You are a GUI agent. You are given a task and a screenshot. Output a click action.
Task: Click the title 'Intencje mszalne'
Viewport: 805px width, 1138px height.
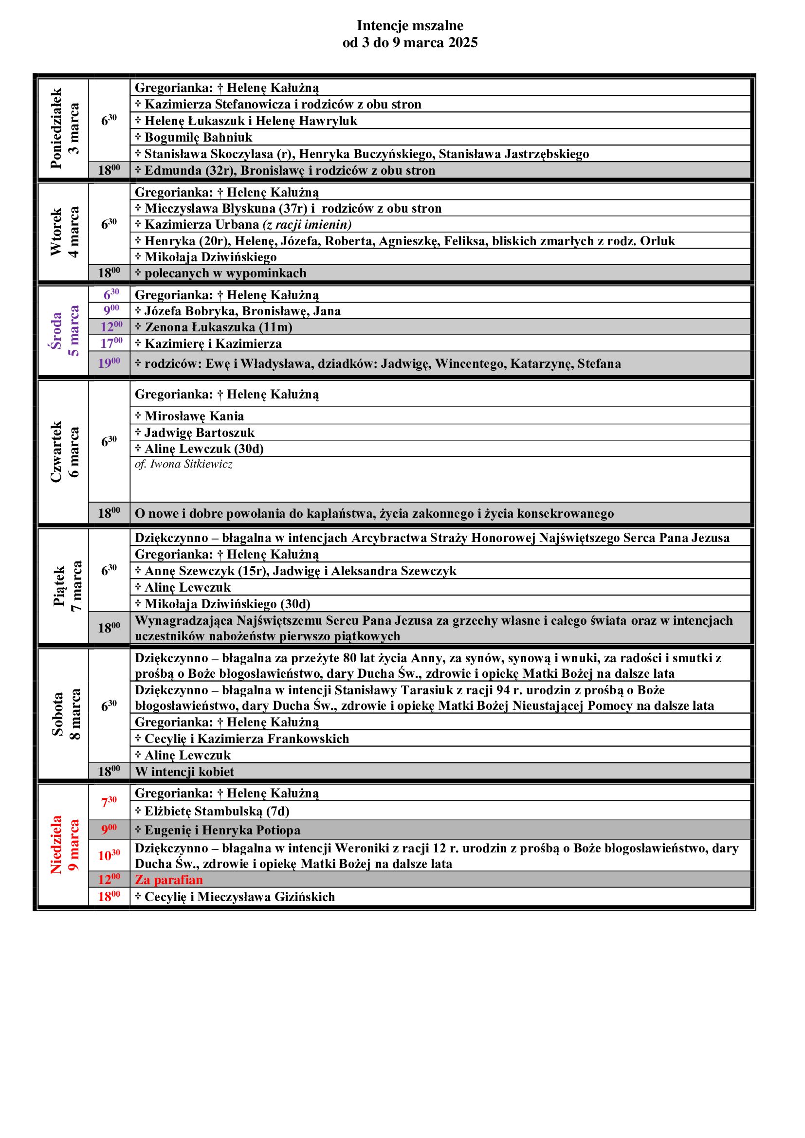click(x=410, y=25)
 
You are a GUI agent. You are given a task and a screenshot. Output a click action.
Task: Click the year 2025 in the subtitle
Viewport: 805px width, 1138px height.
click(x=462, y=43)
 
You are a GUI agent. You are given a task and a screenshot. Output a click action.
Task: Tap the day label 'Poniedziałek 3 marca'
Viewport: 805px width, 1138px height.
click(x=64, y=128)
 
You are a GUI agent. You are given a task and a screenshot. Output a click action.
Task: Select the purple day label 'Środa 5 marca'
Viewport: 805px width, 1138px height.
click(x=64, y=330)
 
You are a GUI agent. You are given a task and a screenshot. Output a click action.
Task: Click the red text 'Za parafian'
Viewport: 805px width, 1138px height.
click(x=169, y=880)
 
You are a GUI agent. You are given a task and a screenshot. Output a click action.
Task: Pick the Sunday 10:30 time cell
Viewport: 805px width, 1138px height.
click(x=109, y=855)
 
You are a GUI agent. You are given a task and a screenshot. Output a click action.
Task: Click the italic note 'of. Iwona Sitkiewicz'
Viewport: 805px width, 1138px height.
click(x=183, y=465)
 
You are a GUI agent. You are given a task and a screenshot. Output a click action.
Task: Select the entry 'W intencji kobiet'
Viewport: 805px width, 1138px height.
click(x=184, y=772)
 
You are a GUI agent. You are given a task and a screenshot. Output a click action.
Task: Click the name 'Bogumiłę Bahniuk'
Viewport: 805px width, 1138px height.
click(x=198, y=137)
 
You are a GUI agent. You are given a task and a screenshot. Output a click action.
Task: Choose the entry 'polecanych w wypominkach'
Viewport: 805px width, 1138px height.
click(x=225, y=273)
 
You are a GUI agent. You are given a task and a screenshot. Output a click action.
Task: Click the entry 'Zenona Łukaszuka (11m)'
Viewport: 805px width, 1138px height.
click(x=218, y=327)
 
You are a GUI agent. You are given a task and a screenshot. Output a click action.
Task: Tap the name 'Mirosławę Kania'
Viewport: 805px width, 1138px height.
click(x=194, y=416)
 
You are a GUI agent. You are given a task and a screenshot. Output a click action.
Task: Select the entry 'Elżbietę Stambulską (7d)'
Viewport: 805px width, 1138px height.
click(x=217, y=812)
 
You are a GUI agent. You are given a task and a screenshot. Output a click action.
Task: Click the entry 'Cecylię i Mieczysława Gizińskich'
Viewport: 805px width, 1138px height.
click(x=239, y=897)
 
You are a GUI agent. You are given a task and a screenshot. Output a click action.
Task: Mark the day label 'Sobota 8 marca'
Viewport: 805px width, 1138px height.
click(x=64, y=714)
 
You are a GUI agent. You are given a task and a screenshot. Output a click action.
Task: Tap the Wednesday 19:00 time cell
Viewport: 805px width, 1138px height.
click(x=109, y=363)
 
